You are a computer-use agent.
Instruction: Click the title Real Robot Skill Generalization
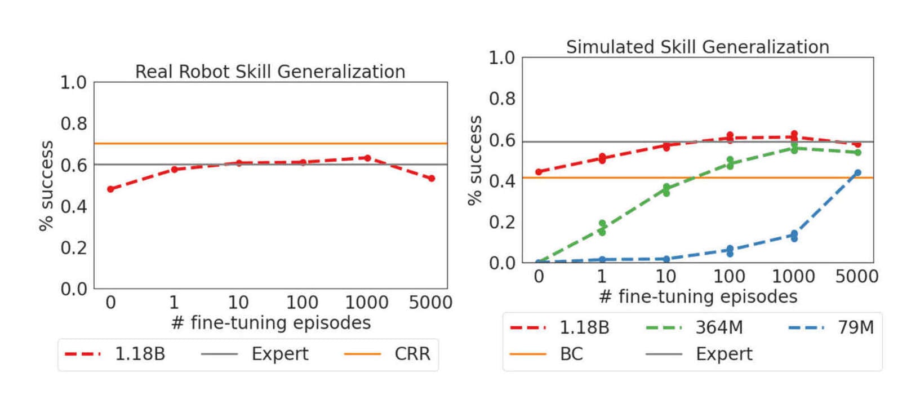[270, 72]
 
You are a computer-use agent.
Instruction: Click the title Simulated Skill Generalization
[697, 47]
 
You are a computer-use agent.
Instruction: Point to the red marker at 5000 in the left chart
[432, 179]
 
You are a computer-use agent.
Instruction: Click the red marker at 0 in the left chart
[110, 189]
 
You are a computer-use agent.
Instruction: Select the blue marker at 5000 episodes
[857, 173]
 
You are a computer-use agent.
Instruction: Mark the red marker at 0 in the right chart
[539, 172]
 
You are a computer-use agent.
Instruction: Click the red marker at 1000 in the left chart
[367, 158]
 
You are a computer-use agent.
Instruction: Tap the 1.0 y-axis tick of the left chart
[74, 83]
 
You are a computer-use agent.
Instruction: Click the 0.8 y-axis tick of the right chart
[501, 99]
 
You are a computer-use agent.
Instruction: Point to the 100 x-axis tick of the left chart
[303, 303]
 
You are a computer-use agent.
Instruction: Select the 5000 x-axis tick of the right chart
[857, 277]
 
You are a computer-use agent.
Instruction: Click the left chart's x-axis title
[271, 323]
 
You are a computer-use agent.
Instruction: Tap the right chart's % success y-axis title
[475, 161]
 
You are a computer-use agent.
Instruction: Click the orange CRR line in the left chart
[270, 144]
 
